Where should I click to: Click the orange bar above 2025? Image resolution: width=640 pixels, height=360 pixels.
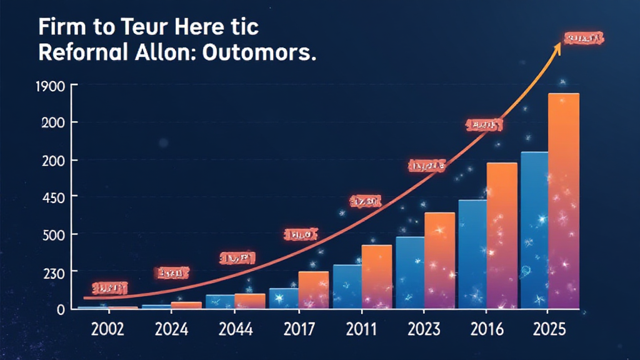tap(564, 200)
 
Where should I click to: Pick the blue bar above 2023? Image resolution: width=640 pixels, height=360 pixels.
tap(409, 272)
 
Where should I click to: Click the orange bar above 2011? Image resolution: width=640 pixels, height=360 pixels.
tap(376, 276)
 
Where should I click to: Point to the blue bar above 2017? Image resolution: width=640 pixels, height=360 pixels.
tap(284, 298)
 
